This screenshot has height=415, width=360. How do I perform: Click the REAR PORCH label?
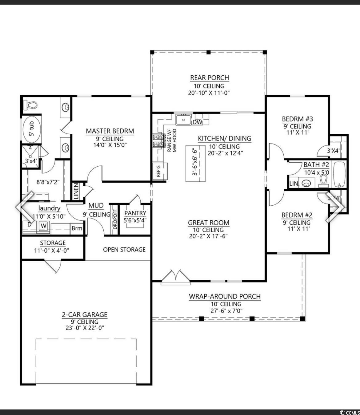[210, 78]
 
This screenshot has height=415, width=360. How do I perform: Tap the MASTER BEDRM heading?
[110, 131]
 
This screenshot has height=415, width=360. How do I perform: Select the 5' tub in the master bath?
[32, 129]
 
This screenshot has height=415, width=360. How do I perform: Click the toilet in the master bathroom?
[30, 105]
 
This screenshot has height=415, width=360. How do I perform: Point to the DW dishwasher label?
[198, 122]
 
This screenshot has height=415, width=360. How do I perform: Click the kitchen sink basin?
[183, 120]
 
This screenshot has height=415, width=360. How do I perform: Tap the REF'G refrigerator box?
[160, 171]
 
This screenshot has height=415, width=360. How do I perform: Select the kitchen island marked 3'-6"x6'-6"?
[195, 164]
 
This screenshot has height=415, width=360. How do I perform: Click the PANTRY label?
[135, 213]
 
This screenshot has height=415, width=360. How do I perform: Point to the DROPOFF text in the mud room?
[115, 219]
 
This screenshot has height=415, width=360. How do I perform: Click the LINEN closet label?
[76, 191]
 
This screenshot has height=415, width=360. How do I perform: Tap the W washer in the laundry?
[43, 226]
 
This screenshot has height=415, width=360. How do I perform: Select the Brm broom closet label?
[77, 228]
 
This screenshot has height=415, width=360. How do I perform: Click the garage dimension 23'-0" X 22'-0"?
[85, 328]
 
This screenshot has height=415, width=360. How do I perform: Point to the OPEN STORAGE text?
[124, 250]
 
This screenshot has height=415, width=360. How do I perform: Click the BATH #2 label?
[316, 165]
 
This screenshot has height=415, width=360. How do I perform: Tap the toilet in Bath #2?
[323, 181]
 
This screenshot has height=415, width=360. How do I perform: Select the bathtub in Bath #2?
[339, 175]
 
